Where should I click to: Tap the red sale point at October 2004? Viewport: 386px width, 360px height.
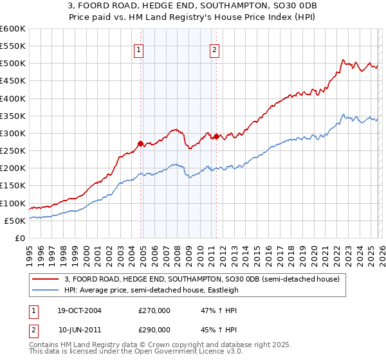tap(141, 143)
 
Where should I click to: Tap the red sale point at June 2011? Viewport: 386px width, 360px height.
tap(216, 136)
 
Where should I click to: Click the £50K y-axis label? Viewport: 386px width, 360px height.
tap(15, 221)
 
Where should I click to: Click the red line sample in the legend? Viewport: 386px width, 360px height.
tap(46, 278)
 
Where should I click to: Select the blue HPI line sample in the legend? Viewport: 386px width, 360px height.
tap(46, 289)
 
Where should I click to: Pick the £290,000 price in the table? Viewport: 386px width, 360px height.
tap(154, 329)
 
